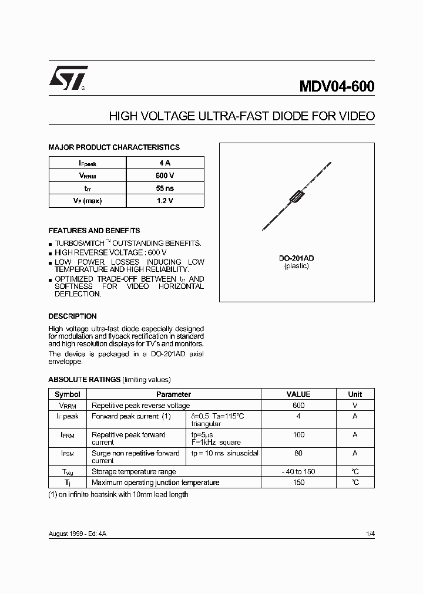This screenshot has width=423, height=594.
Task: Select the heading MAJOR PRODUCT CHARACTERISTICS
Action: pyautogui.click(x=114, y=147)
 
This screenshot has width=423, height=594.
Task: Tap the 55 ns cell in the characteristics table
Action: pyautogui.click(x=165, y=188)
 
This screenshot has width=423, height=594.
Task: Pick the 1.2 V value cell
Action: pyautogui.click(x=165, y=201)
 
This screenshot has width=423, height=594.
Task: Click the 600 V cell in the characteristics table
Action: pyautogui.click(x=165, y=176)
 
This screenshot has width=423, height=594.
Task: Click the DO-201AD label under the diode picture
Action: pyautogui.click(x=297, y=258)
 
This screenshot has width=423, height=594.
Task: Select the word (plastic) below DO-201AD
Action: pyautogui.click(x=297, y=266)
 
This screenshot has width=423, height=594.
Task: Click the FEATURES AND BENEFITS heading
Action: pyautogui.click(x=94, y=231)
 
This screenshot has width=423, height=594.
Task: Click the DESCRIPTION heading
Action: pyautogui.click(x=72, y=316)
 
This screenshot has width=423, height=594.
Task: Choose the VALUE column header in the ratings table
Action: pyautogui.click(x=298, y=394)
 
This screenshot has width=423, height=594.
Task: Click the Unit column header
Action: pyautogui.click(x=355, y=394)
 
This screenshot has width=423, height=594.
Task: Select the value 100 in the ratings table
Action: pyautogui.click(x=298, y=435)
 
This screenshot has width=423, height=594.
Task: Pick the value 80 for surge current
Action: pyautogui.click(x=298, y=453)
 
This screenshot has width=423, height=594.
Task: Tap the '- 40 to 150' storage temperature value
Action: pyautogui.click(x=298, y=471)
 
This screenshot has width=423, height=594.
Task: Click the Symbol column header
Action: pyautogui.click(x=67, y=394)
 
